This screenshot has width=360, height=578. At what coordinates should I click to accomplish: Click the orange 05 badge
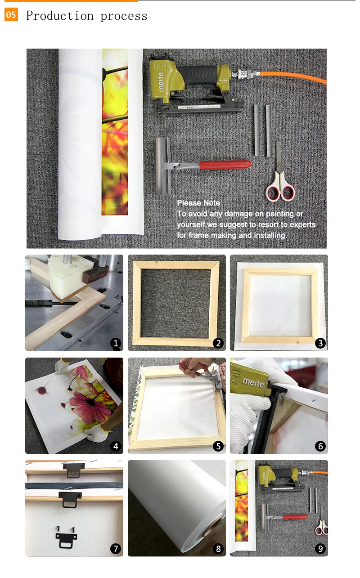(x=11, y=14)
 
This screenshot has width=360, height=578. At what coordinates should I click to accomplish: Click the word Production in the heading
(x=59, y=16)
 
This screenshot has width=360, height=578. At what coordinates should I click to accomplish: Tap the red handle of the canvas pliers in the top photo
(x=225, y=165)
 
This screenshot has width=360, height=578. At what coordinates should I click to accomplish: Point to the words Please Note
(x=199, y=203)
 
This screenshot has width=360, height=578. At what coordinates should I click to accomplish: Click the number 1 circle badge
(x=116, y=343)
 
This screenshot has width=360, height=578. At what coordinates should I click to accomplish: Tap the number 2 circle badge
(x=218, y=343)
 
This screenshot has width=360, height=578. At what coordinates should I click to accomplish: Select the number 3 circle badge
(x=320, y=343)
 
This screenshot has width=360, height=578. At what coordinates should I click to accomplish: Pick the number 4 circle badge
(x=116, y=446)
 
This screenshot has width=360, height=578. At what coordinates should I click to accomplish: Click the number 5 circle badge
(x=218, y=446)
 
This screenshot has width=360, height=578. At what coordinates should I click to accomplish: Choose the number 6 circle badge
(x=320, y=446)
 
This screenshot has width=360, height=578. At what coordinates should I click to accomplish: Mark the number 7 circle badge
(x=116, y=549)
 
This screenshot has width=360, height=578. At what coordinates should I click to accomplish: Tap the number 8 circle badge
(x=218, y=549)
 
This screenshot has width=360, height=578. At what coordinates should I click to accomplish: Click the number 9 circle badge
(x=320, y=549)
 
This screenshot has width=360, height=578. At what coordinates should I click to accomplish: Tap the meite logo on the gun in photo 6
(x=253, y=383)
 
